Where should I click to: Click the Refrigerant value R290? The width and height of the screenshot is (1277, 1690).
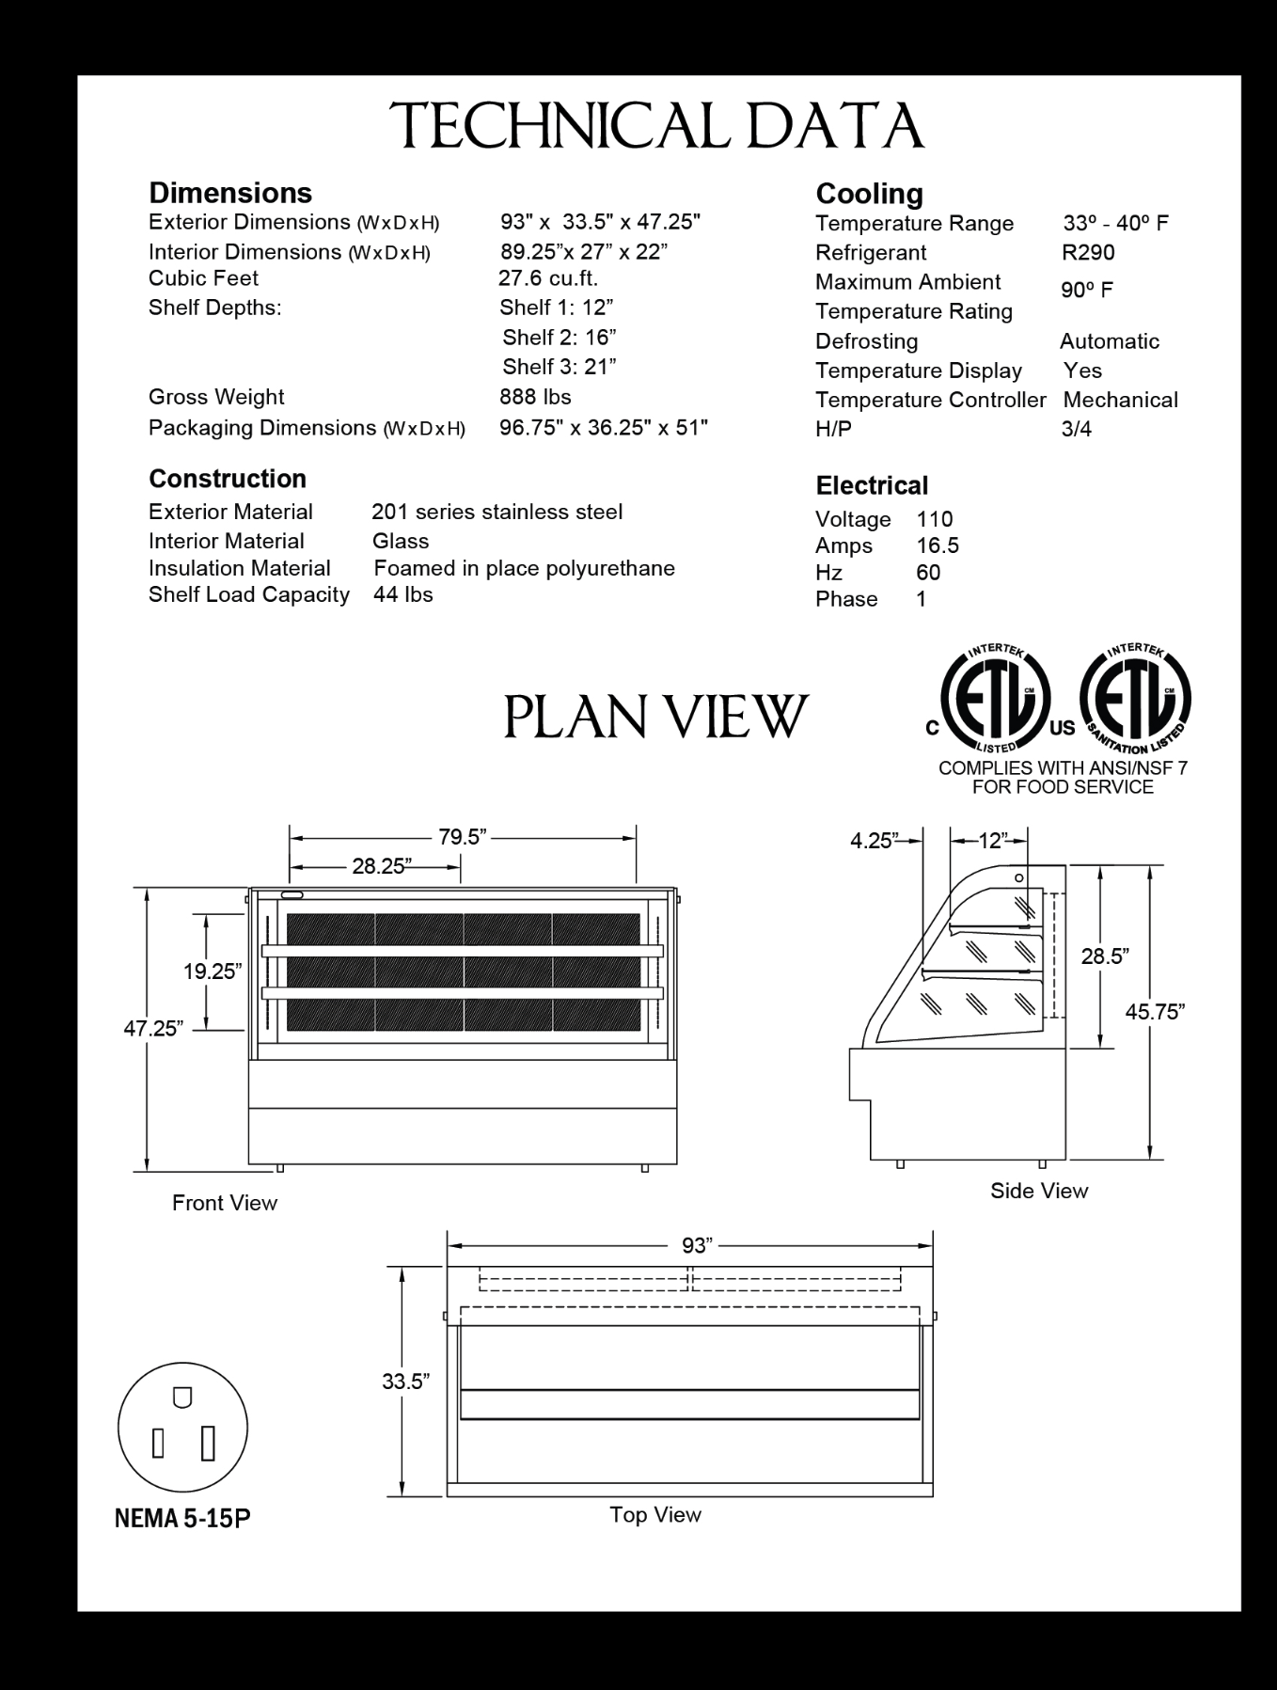point(1088,253)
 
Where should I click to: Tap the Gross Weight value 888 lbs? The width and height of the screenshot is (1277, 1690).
point(535,397)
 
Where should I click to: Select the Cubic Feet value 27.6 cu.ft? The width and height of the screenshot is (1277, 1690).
point(548,278)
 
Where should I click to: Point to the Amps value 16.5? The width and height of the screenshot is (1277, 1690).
point(938,546)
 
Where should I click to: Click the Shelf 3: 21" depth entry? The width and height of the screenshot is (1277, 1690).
point(559,367)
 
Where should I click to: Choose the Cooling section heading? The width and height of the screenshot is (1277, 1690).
point(869,194)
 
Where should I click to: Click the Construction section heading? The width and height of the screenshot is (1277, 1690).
point(228,479)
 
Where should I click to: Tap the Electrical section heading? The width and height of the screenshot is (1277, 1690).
point(872,486)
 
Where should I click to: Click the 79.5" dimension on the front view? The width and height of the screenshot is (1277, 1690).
point(462,837)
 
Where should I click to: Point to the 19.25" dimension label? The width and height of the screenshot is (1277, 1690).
point(213,971)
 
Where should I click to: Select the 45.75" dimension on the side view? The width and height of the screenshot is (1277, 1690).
point(1155,1012)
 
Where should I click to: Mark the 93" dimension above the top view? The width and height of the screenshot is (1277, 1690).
point(697,1245)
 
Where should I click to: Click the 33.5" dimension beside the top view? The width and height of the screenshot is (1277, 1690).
point(405,1382)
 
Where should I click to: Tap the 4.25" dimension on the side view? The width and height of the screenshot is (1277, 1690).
point(874,841)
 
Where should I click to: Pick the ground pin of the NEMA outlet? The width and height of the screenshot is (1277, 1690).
point(182,1398)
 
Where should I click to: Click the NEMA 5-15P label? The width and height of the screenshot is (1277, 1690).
point(182,1519)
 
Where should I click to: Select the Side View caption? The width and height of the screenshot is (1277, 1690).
point(1038,1192)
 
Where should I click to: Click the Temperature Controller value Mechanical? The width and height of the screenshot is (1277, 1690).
point(1120,401)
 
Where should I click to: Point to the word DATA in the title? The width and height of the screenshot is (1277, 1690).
point(835,127)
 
